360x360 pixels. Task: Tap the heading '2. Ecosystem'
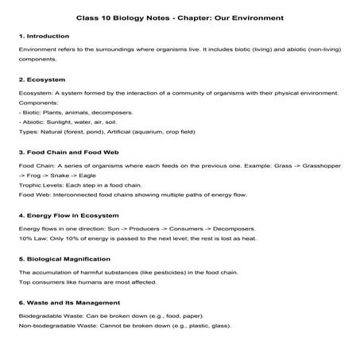click(41, 79)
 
